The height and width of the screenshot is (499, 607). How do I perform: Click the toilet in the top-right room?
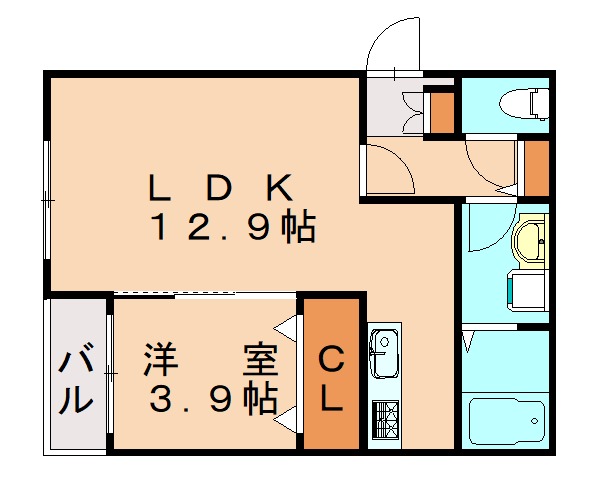tap(524, 104)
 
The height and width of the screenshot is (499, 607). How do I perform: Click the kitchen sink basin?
tap(384, 353)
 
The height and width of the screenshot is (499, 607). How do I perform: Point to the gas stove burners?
tap(385, 420)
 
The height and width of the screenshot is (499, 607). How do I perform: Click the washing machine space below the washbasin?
tap(526, 290)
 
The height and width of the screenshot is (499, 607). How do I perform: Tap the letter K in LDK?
tap(278, 188)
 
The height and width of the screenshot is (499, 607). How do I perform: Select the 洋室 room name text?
tap(211, 360)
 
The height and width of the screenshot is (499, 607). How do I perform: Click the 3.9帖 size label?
tap(213, 399)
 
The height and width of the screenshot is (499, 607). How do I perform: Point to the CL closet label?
tap(331, 379)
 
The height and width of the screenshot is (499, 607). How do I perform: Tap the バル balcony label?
tap(76, 377)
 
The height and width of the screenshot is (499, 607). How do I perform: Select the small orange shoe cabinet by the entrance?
tap(442, 113)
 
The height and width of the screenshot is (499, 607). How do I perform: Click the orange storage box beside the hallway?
tap(537, 168)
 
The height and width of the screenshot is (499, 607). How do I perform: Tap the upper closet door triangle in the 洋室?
tap(286, 328)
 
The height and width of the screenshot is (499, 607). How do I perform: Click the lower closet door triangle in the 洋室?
tap(286, 419)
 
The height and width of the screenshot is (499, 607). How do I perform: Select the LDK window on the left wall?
tap(47, 200)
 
